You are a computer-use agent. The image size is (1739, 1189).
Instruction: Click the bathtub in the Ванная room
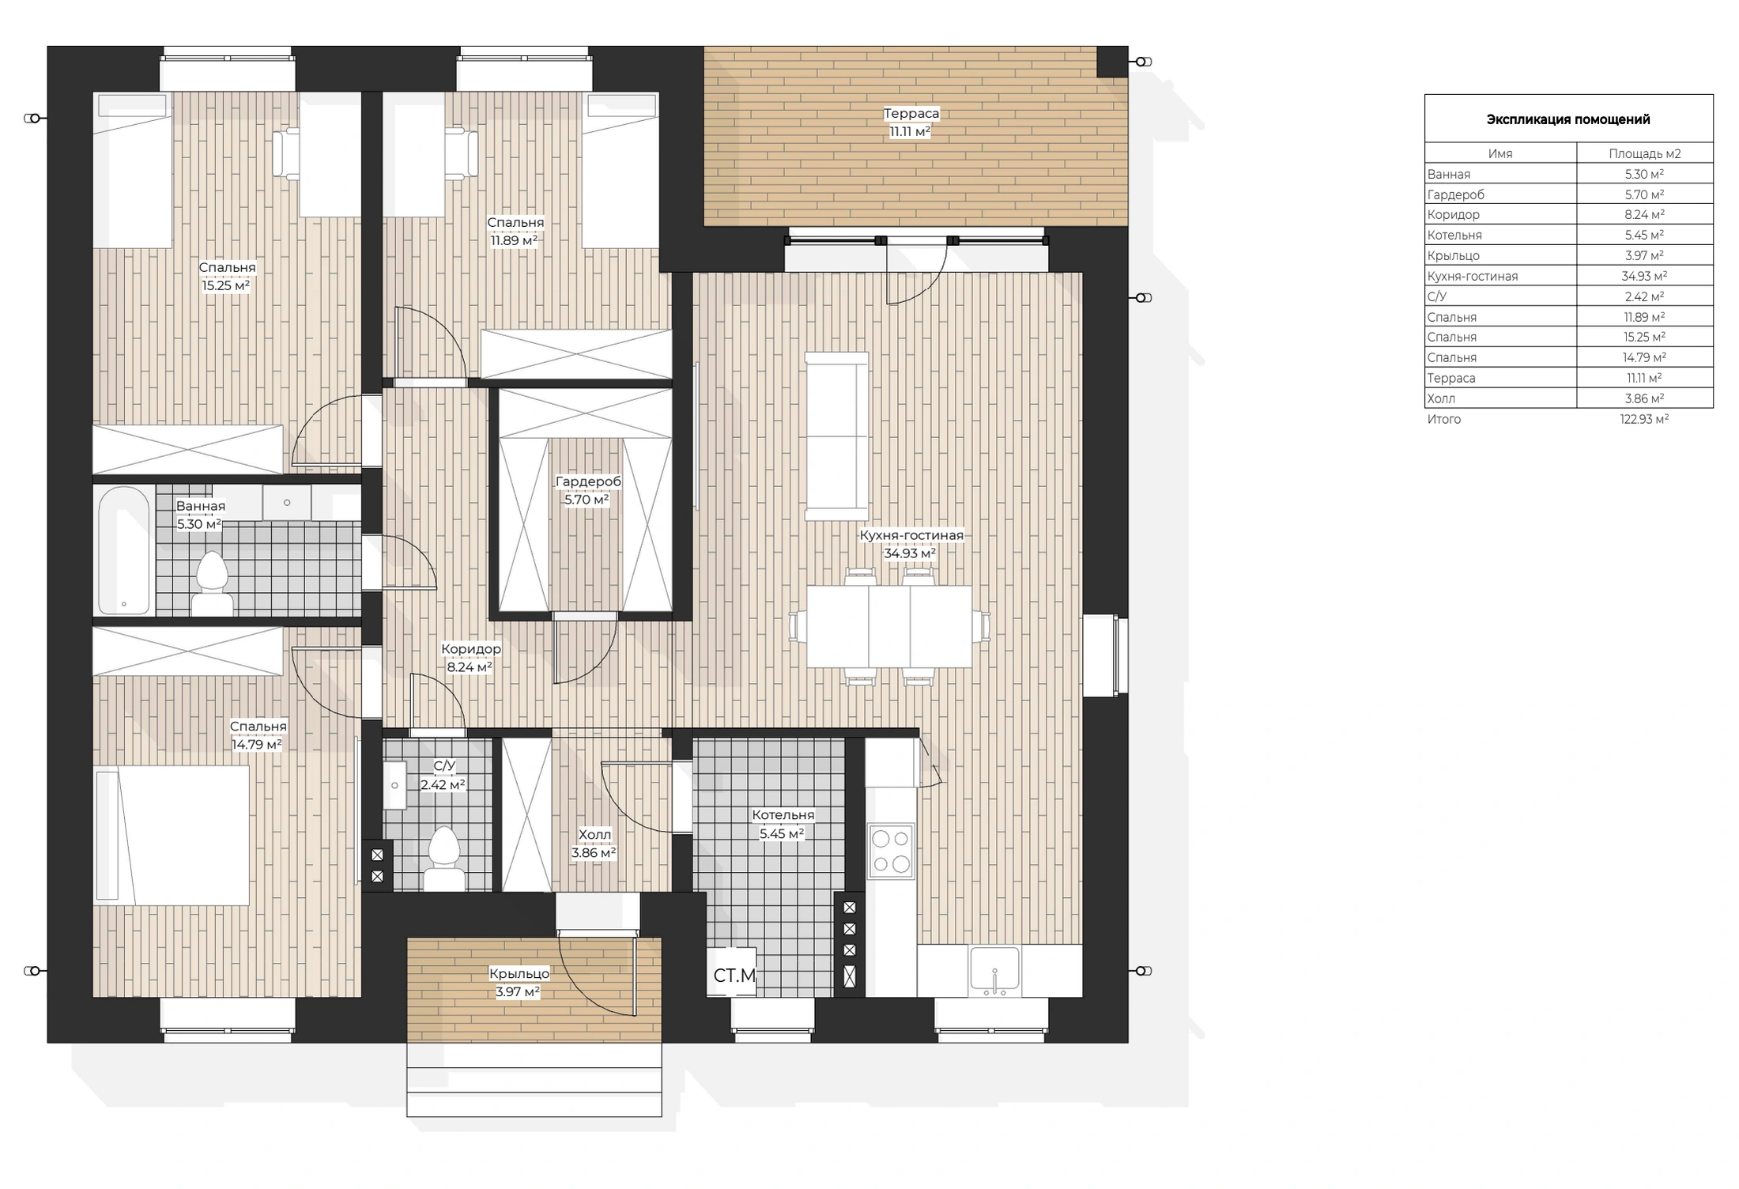click(124, 550)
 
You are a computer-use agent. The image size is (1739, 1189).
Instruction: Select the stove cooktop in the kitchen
click(891, 851)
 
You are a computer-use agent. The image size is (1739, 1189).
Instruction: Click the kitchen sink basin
click(994, 970)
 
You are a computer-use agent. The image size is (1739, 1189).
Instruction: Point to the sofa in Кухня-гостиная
click(836, 436)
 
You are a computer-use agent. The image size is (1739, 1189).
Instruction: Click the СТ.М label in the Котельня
click(734, 976)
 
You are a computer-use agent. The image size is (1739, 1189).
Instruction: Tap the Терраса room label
click(911, 113)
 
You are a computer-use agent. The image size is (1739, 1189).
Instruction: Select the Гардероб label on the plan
click(588, 481)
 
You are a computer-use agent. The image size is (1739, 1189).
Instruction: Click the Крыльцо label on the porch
click(519, 973)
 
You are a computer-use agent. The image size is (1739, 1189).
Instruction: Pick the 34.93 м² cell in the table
click(1644, 276)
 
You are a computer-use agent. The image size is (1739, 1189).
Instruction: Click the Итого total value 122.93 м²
click(1644, 419)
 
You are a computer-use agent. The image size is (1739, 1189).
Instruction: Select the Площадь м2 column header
click(1645, 153)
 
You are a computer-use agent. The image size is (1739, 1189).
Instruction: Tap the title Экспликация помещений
click(1568, 119)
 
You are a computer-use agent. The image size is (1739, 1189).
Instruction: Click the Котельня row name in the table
click(1454, 235)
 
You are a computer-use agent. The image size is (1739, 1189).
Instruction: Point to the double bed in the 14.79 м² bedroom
click(172, 835)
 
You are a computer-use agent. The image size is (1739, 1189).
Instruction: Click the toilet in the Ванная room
click(212, 583)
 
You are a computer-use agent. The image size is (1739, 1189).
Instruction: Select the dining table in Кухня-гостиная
click(889, 626)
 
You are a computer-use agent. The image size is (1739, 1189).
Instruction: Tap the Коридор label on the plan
click(471, 649)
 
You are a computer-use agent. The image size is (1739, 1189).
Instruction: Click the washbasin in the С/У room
click(395, 785)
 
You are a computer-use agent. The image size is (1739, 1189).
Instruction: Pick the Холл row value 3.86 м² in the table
click(1644, 398)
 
